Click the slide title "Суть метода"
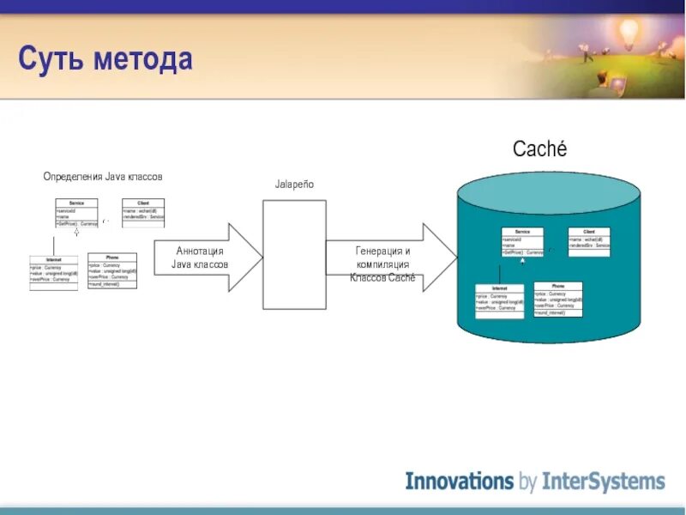(x=105, y=60)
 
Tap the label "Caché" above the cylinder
(x=539, y=148)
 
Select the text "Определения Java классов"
(x=103, y=176)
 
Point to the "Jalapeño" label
(x=294, y=185)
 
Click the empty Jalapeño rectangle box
(x=294, y=254)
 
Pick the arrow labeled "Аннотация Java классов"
(x=207, y=257)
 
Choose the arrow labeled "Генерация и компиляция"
(x=388, y=257)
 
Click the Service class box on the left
(x=76, y=213)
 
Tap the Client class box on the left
(x=143, y=211)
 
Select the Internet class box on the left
(x=53, y=272)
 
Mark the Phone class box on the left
(x=111, y=270)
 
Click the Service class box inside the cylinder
(x=522, y=242)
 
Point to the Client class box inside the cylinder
(x=589, y=239)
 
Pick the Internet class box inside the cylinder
(x=499, y=301)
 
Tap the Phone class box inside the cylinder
(x=557, y=300)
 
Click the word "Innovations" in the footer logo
(x=458, y=481)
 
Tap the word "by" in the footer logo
(x=527, y=482)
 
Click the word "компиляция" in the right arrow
(x=383, y=265)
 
